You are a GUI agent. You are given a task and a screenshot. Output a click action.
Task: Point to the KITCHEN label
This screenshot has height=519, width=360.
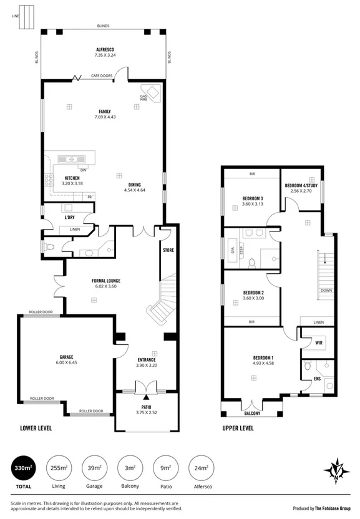(73, 178)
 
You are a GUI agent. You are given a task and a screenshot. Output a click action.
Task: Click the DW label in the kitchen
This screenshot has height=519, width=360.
(82, 170)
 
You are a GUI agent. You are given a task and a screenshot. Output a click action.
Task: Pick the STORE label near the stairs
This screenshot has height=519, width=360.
(167, 250)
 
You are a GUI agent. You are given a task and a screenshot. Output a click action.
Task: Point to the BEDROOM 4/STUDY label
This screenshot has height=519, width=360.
(301, 185)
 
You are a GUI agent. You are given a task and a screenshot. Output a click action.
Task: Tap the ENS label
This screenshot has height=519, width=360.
(317, 378)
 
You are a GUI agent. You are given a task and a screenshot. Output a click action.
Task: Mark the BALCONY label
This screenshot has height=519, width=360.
(252, 413)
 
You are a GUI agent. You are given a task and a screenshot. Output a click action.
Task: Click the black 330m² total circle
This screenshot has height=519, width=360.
(24, 468)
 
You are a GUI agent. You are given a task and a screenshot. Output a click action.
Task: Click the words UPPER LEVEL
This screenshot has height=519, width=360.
(238, 429)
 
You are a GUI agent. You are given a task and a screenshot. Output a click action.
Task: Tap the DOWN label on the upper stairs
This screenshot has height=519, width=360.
(325, 291)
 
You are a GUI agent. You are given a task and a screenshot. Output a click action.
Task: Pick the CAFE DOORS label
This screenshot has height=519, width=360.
(102, 75)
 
